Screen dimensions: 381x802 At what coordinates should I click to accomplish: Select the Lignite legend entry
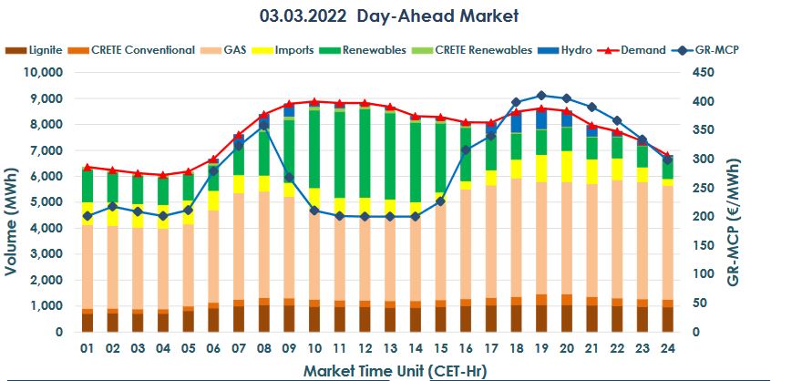(37, 49)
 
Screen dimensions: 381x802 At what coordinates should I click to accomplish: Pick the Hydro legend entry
(571, 49)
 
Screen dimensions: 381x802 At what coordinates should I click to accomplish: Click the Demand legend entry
(639, 49)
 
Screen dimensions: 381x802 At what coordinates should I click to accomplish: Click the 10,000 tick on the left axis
(39, 72)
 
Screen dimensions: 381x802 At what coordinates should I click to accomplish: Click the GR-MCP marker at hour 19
(541, 95)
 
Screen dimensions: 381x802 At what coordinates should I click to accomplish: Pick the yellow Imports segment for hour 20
(566, 167)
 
